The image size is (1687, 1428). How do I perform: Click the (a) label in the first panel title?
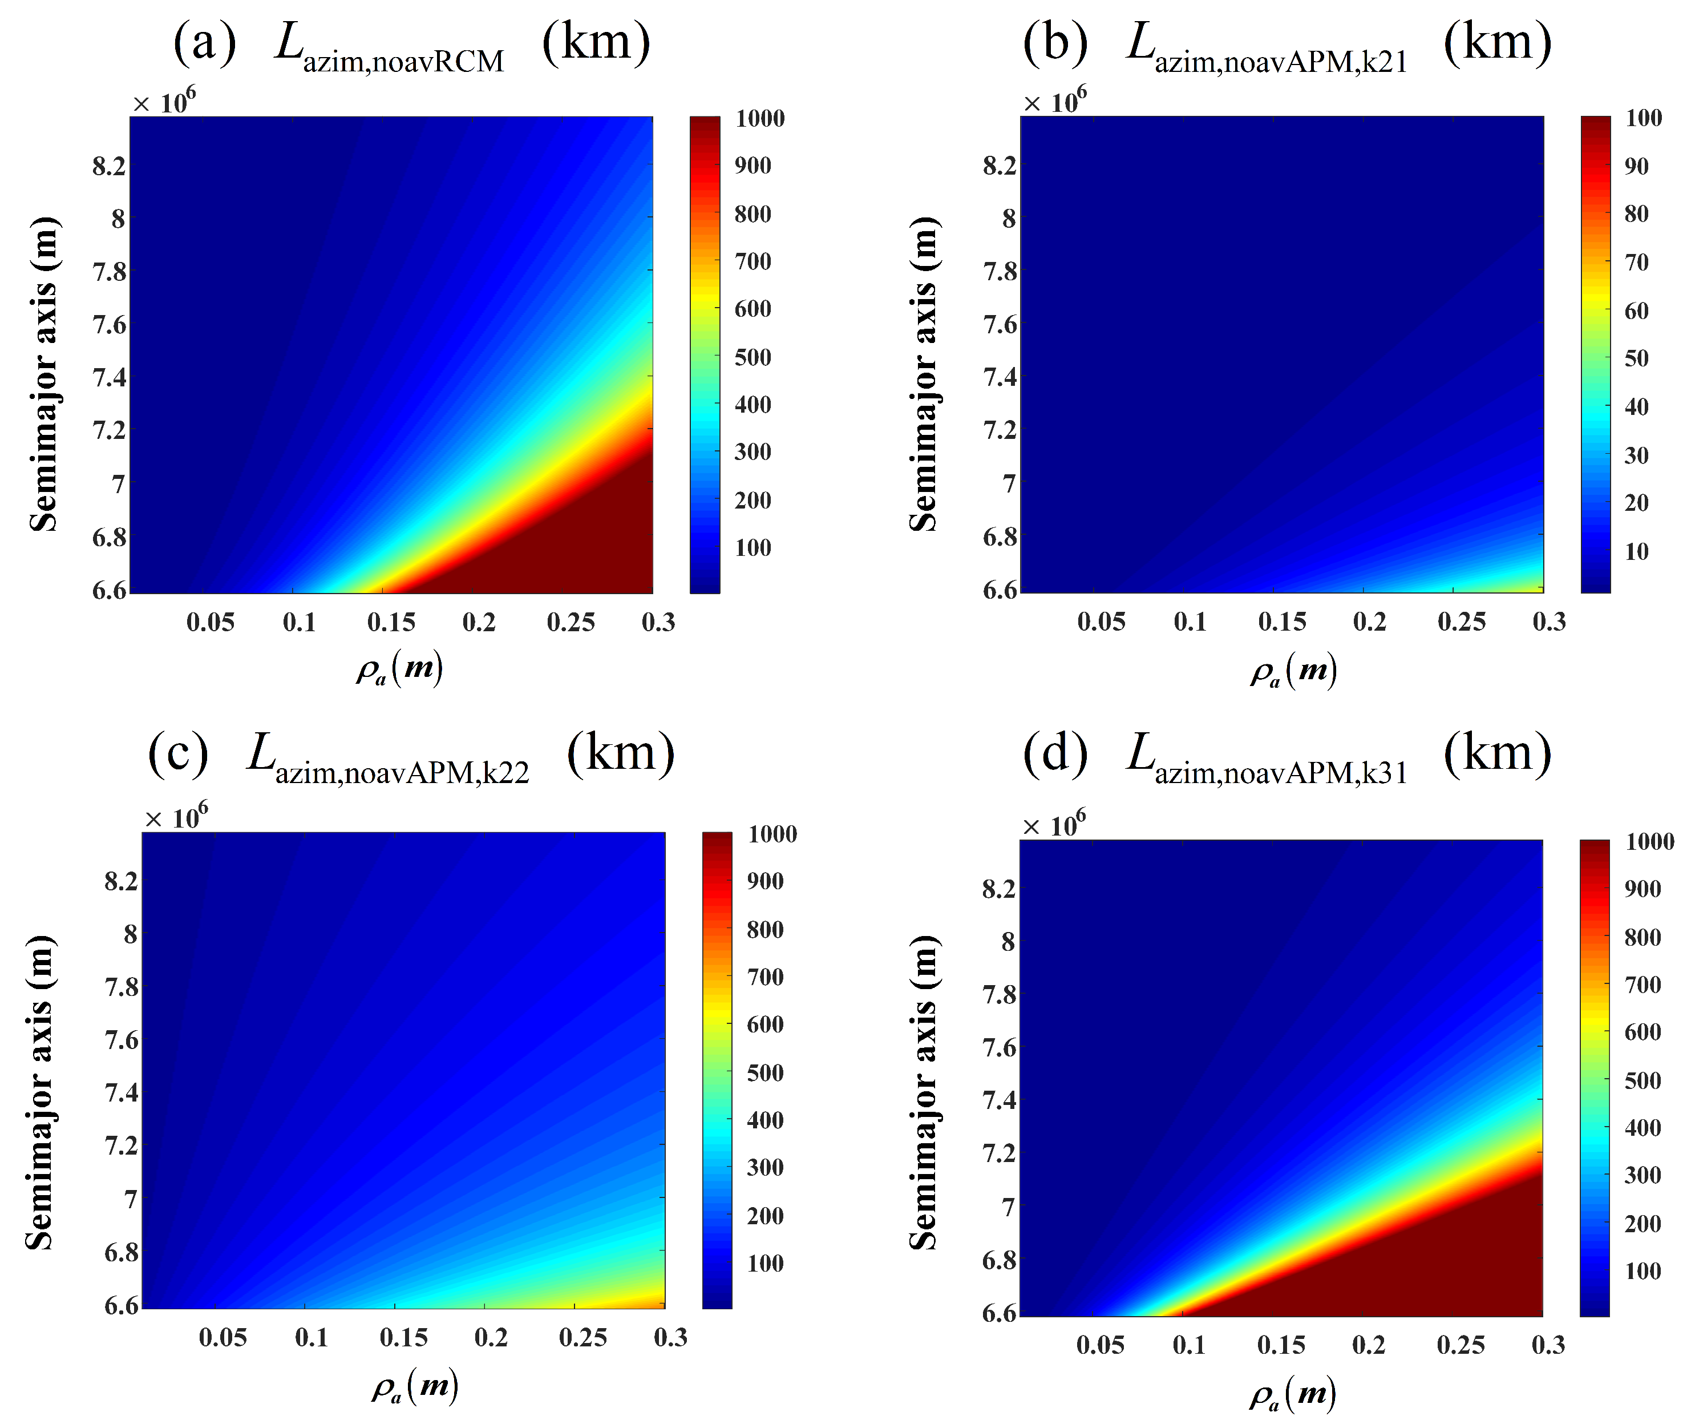coord(204,42)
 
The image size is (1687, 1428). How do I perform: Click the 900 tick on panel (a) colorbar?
coord(753,166)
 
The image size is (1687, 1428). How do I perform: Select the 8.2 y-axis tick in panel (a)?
coord(109,166)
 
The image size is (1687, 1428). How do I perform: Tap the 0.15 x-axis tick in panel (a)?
coord(391,622)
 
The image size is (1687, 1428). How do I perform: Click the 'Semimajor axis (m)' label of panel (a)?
coord(44,374)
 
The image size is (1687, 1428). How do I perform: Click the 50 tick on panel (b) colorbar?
coord(1636,358)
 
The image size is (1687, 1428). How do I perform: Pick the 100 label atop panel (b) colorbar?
coord(1643,118)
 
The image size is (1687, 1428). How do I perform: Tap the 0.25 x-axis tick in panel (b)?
coord(1461,622)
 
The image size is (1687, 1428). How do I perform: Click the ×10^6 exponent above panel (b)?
coord(1054,101)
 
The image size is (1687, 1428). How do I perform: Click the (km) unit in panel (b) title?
coord(1497,42)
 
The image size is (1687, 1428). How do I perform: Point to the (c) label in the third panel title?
coord(178,753)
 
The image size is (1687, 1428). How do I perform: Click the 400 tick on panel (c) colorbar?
coord(764,1120)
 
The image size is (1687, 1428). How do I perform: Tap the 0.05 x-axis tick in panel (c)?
coord(222,1337)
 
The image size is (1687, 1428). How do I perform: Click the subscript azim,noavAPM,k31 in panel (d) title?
coord(1280,774)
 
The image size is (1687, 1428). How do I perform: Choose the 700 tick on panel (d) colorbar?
coord(1642,985)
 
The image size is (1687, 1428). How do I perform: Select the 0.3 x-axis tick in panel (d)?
coord(1547,1345)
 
